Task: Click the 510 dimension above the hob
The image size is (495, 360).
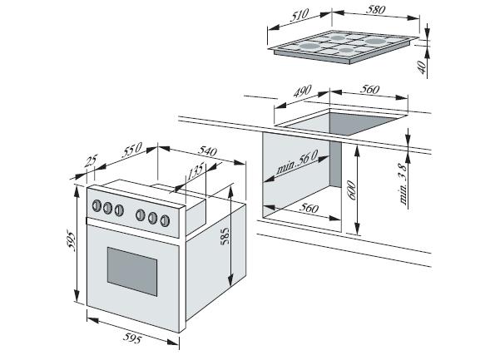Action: click(x=299, y=15)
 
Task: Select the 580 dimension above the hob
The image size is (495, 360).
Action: click(x=375, y=10)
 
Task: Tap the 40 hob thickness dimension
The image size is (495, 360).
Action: click(x=422, y=67)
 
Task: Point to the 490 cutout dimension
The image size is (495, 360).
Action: click(x=302, y=91)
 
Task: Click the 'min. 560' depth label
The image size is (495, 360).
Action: click(x=297, y=162)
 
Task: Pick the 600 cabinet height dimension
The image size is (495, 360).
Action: click(x=351, y=190)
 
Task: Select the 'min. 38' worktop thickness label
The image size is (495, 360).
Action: click(x=403, y=184)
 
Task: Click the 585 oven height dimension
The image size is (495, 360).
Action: click(x=225, y=236)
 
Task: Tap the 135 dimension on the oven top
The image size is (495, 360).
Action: click(x=196, y=172)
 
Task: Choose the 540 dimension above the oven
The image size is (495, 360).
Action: click(x=207, y=151)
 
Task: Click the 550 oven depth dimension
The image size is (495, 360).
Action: click(x=132, y=150)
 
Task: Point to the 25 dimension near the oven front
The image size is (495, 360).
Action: click(x=92, y=160)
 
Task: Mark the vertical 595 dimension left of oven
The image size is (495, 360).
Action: click(x=72, y=242)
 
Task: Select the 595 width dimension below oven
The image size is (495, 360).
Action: click(x=132, y=339)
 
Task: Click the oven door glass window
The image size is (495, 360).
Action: click(x=132, y=271)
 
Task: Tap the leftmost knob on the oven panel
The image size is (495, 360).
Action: click(x=97, y=206)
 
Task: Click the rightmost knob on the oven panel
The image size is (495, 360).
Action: click(x=165, y=221)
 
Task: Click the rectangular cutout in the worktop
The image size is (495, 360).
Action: click(x=342, y=122)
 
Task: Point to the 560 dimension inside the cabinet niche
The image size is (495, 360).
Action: click(x=309, y=208)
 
